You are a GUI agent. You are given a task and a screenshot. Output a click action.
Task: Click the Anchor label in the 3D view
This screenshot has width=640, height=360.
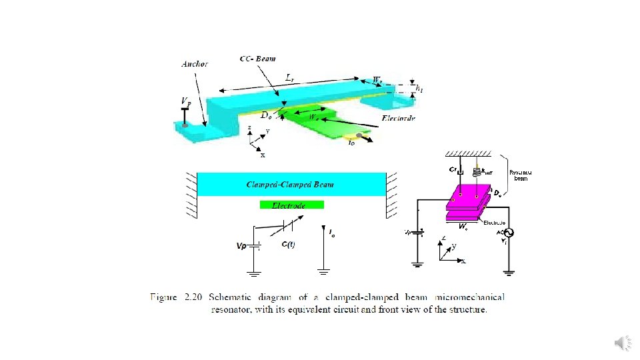(x=195, y=64)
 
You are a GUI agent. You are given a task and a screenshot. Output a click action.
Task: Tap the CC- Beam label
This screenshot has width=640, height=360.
(x=257, y=59)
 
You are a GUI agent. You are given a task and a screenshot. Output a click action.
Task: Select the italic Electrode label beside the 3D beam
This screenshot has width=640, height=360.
(x=399, y=118)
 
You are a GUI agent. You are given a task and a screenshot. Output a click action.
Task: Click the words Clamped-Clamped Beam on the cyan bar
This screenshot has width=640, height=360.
(x=290, y=184)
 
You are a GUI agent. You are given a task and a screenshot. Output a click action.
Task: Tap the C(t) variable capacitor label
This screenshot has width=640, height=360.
(x=288, y=245)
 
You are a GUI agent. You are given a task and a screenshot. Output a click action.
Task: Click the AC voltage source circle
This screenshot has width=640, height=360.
(x=508, y=233)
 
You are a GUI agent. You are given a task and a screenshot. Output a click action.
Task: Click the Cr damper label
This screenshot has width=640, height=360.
(x=453, y=170)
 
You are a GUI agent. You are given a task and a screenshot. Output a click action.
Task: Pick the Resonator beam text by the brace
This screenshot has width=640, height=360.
(x=521, y=175)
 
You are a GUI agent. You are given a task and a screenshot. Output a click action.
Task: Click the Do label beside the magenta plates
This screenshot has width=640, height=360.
(x=497, y=193)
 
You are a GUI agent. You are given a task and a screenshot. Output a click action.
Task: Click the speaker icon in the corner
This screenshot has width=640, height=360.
(x=621, y=343)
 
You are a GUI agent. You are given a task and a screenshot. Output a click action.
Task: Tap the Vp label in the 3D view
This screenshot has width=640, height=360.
(x=185, y=101)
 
